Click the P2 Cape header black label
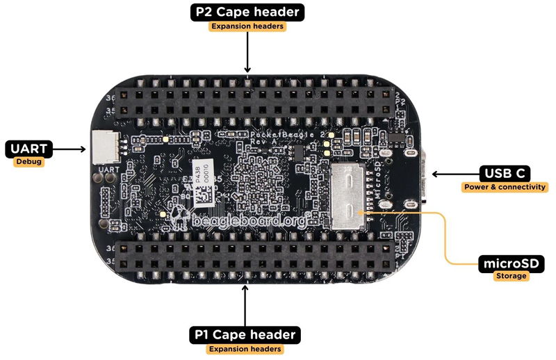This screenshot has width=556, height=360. point(247,12)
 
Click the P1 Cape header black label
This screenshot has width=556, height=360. point(245,334)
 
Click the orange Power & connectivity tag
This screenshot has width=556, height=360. point(505,187)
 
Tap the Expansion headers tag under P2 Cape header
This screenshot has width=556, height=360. point(247,26)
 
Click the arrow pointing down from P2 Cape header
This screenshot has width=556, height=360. point(247,52)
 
